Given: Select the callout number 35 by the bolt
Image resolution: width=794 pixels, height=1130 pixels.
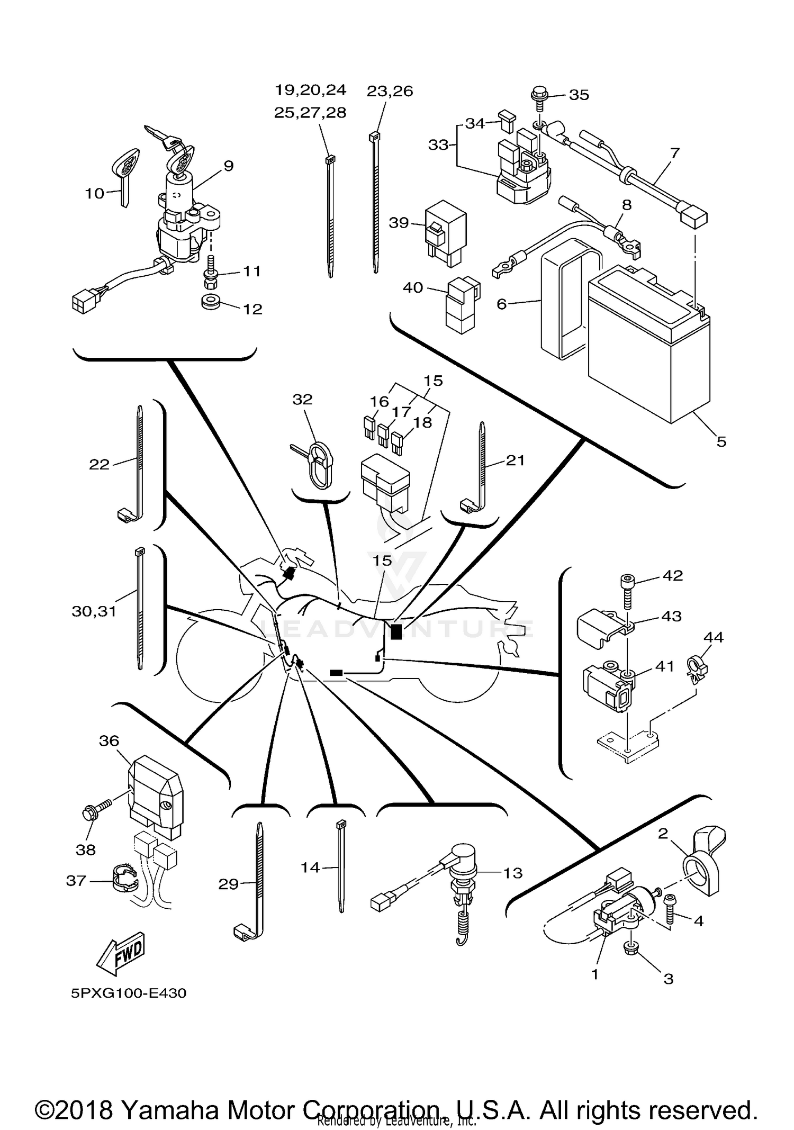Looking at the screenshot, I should [579, 95].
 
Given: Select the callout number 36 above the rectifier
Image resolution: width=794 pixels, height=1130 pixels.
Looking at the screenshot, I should [109, 740].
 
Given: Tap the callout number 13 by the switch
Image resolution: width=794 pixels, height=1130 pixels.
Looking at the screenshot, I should [512, 873].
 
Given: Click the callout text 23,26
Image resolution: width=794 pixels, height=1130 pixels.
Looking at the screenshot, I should [390, 91].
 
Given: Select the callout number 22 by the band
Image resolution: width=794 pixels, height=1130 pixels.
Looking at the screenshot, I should [99, 464].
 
